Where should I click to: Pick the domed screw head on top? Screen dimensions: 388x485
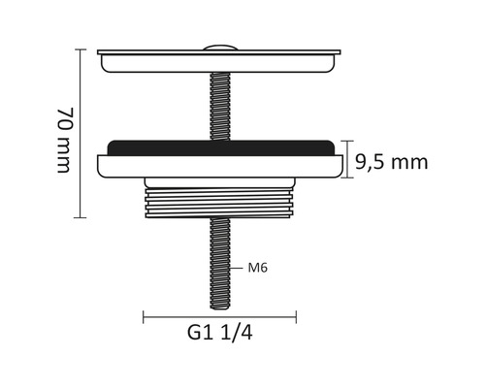pos(219,47)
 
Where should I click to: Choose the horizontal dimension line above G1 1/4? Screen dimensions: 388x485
pos(220,315)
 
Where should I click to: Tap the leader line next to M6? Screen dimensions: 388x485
pos(239,267)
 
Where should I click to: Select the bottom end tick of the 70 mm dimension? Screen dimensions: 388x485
pos(81,218)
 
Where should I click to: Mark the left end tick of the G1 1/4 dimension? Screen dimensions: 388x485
pos(145,315)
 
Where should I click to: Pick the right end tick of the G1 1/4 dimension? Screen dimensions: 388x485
pos(296,315)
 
